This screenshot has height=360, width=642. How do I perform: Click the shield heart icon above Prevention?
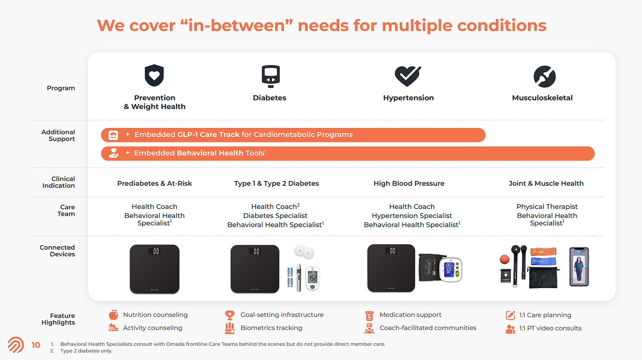tap(154, 76)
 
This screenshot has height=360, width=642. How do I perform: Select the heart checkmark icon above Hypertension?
tap(408, 76)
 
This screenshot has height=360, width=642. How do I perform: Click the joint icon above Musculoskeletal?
tap(544, 76)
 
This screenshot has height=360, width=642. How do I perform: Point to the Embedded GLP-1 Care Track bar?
tap(293, 135)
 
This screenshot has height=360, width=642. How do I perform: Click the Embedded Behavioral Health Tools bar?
tap(347, 153)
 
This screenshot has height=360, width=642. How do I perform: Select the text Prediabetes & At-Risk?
tap(154, 184)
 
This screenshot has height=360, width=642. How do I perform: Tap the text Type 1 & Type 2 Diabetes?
tap(276, 184)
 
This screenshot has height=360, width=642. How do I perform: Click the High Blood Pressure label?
tap(409, 184)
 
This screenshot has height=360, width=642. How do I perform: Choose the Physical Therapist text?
tap(547, 206)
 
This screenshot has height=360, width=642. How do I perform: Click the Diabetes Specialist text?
tap(275, 216)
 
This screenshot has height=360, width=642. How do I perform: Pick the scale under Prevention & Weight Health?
tap(154, 269)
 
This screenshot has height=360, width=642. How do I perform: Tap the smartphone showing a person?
tap(579, 266)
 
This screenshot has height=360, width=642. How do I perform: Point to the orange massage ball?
tap(504, 259)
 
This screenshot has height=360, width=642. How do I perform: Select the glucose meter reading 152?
tap(312, 278)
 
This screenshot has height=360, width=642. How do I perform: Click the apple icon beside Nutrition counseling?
tap(113, 315)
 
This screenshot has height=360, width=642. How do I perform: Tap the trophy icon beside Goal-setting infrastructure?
tap(230, 315)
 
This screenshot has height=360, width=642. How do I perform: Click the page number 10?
tap(36, 345)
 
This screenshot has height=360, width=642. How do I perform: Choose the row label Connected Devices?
tap(57, 251)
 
